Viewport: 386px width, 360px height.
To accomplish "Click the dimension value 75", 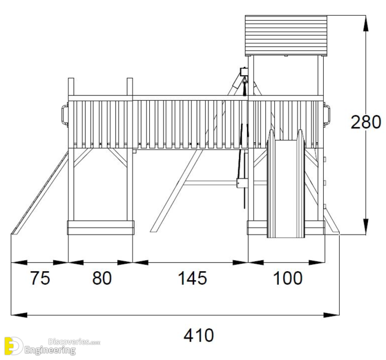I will point(40,278).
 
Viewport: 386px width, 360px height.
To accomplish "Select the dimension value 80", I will point(102,278).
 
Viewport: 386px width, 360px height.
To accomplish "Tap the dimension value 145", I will point(192,278).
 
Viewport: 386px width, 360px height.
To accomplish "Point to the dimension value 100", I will point(287,278).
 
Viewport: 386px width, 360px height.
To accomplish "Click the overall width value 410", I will point(199,335).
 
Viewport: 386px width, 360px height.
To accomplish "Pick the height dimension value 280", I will point(366,122).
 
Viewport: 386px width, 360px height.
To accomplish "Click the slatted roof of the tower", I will point(285,35).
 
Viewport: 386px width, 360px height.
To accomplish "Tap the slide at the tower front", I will point(285,186).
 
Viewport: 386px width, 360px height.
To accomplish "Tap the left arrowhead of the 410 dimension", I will point(18,315).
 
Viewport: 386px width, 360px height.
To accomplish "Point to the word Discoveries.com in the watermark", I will point(74,341).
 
